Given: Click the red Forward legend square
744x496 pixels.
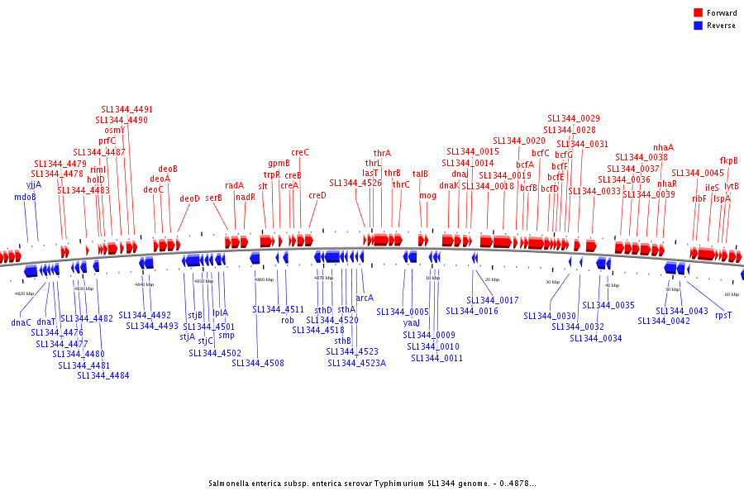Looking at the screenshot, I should pyautogui.click(x=699, y=13).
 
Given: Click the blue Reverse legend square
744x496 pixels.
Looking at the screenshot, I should pyautogui.click(x=699, y=26).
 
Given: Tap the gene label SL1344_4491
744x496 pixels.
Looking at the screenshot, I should pyautogui.click(x=127, y=109).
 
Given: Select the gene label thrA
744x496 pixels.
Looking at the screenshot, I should pyautogui.click(x=382, y=153).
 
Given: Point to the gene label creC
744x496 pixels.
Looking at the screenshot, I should pyautogui.click(x=300, y=152).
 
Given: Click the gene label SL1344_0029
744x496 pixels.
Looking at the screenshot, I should pyautogui.click(x=574, y=118).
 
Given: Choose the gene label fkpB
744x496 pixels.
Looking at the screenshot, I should pyautogui.click(x=728, y=160).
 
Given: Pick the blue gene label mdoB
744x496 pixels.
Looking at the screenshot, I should pyautogui.click(x=26, y=197).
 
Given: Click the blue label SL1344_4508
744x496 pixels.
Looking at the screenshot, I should pyautogui.click(x=258, y=363).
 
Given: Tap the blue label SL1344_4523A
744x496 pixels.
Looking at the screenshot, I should pyautogui.click(x=356, y=363).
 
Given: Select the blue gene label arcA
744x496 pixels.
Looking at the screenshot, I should pyautogui.click(x=365, y=298).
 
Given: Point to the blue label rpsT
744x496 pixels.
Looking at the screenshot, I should pyautogui.click(x=723, y=315).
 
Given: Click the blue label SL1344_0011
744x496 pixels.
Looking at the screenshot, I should pyautogui.click(x=436, y=358).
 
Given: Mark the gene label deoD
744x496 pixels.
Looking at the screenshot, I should pyautogui.click(x=190, y=198).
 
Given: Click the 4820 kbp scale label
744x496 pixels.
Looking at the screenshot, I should pyautogui.click(x=25, y=293).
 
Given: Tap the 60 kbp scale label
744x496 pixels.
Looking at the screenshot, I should pyautogui.click(x=732, y=294).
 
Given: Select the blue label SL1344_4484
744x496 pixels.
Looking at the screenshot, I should pyautogui.click(x=103, y=375).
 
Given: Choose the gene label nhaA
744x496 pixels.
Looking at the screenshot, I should pyautogui.click(x=663, y=147).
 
